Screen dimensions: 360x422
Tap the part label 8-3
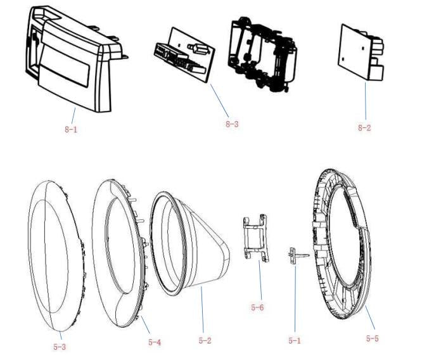(232, 124)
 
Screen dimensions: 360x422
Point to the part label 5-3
(59, 347)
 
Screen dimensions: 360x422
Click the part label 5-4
(155, 342)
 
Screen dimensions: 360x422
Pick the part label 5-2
(205, 340)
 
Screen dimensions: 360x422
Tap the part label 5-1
(294, 340)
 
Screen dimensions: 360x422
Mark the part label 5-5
(372, 338)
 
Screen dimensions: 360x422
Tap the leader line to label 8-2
(364, 101)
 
